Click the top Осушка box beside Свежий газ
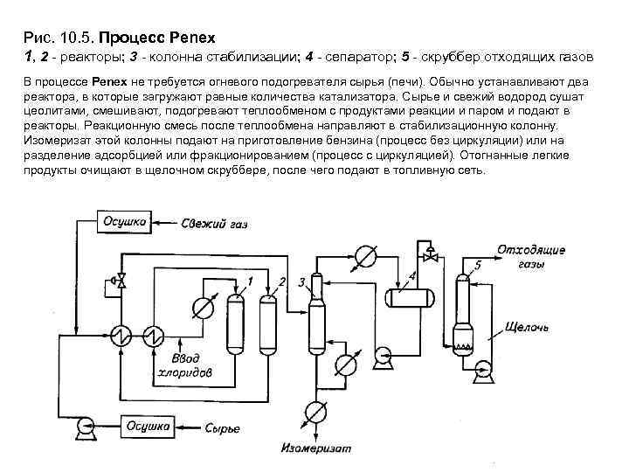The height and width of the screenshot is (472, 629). coord(125,224)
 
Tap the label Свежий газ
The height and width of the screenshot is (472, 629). coord(216,225)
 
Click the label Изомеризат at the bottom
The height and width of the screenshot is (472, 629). coord(315,448)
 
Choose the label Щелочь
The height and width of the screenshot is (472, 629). coord(528,328)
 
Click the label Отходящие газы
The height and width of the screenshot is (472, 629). coord(531,256)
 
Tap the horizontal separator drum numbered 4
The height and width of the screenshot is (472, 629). coord(410,296)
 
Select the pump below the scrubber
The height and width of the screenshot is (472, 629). coord(480,374)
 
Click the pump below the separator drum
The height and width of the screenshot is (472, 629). coord(381,354)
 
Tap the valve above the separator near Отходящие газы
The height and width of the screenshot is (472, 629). coord(429,256)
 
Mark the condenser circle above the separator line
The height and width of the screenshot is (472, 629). coord(364,256)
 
